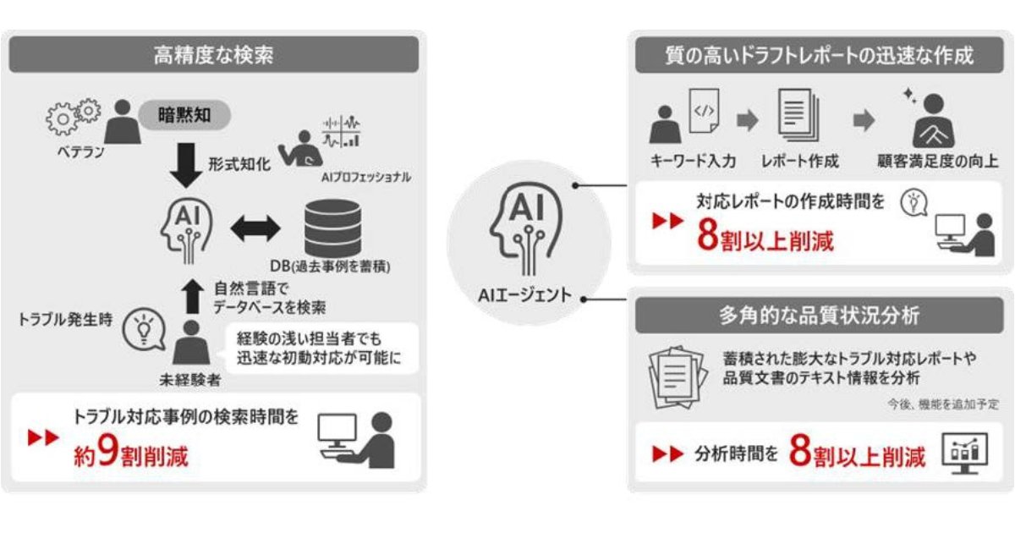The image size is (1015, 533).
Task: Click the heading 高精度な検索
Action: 213,55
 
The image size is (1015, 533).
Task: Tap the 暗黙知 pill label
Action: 184,115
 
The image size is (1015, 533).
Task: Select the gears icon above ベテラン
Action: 74,117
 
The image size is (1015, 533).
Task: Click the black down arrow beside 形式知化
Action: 186,165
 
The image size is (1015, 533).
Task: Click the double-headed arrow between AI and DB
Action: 255,228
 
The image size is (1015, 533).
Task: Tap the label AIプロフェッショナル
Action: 366,177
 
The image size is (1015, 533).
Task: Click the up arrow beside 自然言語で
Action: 193,296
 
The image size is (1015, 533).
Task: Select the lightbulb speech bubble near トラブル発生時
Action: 144,329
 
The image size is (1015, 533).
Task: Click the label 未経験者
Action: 190,380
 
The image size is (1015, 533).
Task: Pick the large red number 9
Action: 107,449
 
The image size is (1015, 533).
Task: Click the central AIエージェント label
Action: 525,295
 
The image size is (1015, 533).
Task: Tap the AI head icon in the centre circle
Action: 525,228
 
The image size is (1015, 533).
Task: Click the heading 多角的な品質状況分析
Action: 820,316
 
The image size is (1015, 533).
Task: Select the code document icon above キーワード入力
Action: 704,111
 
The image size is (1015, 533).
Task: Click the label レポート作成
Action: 800,162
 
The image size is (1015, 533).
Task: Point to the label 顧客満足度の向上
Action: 937,162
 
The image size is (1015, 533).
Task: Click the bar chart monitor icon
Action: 965,453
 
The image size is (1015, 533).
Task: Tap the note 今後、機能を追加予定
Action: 943,404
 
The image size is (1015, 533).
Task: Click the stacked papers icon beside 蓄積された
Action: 678,377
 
